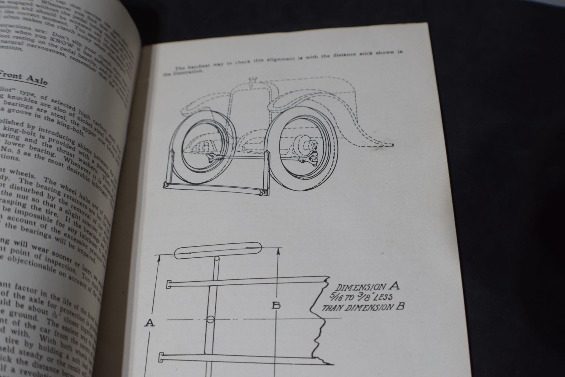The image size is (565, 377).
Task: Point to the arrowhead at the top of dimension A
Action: (x=159, y=258)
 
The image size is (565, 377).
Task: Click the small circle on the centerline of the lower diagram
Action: (x=211, y=320)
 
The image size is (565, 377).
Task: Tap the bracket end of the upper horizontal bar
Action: (x=168, y=284)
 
